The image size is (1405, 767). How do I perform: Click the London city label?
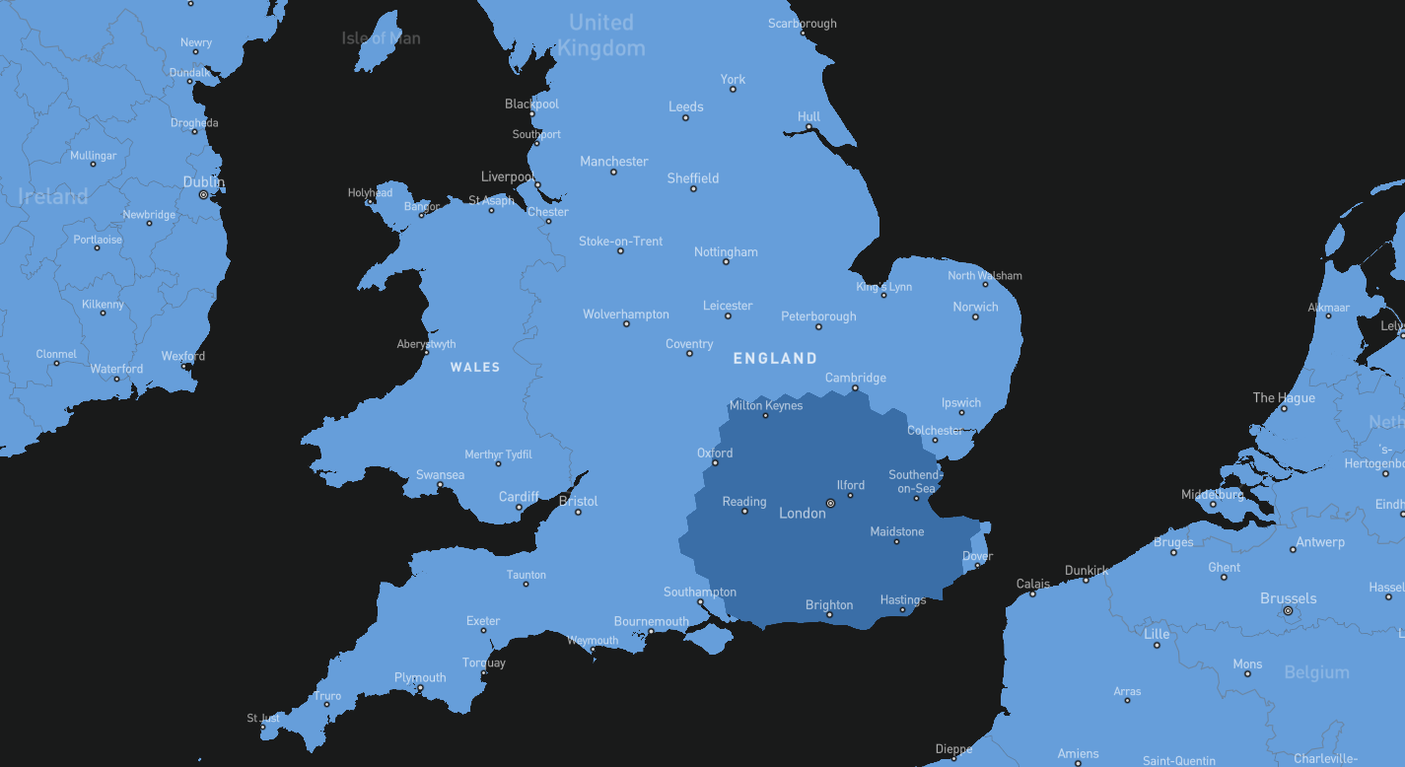pos(802,514)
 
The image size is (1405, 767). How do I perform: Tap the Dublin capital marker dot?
pos(203,195)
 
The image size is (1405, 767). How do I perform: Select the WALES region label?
pos(475,367)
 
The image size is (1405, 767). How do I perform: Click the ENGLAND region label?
pos(775,359)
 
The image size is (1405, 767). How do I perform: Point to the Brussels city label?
pos(1288,598)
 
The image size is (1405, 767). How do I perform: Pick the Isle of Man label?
pos(381,38)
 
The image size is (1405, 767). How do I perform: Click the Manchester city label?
pos(613,162)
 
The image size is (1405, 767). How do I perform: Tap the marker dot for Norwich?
pos(975,317)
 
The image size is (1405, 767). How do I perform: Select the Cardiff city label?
pos(519,497)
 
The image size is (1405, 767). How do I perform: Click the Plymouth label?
pos(420,677)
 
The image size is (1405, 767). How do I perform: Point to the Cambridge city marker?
pos(855,388)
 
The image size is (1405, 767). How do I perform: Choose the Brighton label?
pos(828,604)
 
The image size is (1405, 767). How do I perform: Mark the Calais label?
pos(1033,584)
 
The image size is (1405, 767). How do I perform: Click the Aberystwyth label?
pos(426,344)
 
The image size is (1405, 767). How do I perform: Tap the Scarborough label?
pos(802,24)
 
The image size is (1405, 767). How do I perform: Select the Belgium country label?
pos(1316,672)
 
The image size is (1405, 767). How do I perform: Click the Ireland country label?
pos(53,196)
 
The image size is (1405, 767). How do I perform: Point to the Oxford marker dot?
pos(715,463)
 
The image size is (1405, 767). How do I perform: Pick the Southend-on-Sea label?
pos(915,481)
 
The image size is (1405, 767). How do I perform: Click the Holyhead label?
pos(370,193)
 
